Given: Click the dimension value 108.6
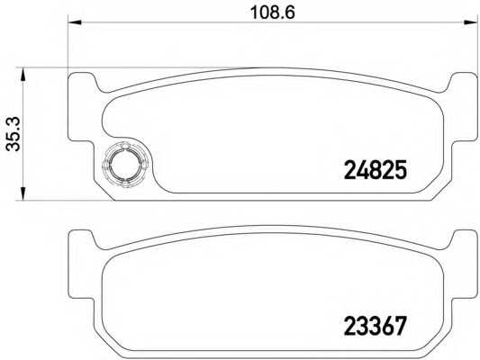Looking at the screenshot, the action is pyautogui.click(x=273, y=13).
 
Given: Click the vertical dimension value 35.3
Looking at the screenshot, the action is pyautogui.click(x=14, y=134).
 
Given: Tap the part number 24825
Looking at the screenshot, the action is pyautogui.click(x=376, y=169).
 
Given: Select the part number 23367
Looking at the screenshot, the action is pyautogui.click(x=376, y=326).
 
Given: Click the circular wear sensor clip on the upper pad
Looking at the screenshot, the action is pyautogui.click(x=126, y=164).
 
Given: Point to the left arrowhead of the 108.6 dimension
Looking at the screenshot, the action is pyautogui.click(x=75, y=22).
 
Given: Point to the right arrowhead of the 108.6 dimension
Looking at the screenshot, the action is pyautogui.click(x=471, y=22).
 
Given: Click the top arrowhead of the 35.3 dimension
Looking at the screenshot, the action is pyautogui.click(x=23, y=75).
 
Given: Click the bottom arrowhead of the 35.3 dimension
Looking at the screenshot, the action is pyautogui.click(x=23, y=193).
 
